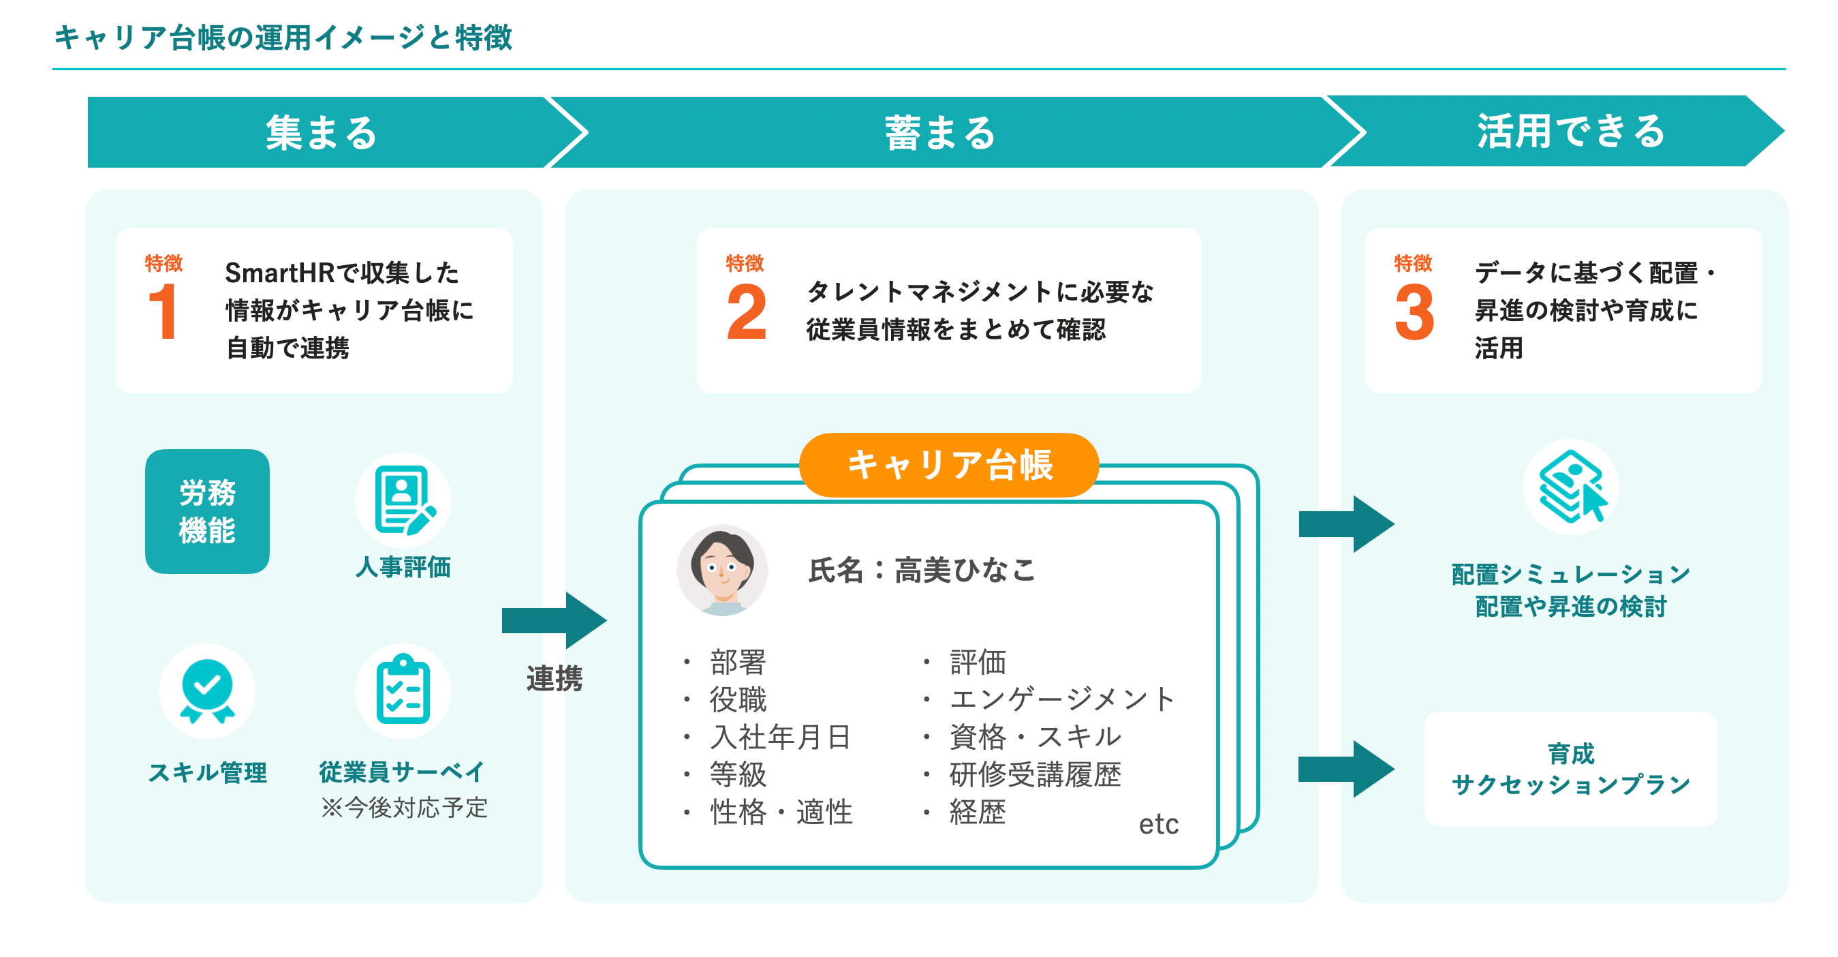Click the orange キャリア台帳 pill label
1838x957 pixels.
948,465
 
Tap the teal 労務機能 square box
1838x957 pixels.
207,511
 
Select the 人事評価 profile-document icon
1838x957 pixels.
403,500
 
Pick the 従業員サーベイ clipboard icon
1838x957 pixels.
403,690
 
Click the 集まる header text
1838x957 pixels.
321,133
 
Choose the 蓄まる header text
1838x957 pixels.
939,133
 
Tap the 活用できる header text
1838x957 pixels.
1570,132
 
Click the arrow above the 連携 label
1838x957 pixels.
555,620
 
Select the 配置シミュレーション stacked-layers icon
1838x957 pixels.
1570,487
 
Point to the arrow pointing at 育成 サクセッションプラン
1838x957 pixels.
1345,770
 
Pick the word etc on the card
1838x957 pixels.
1158,824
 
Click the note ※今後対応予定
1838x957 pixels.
404,808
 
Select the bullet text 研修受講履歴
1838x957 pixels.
1035,774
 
